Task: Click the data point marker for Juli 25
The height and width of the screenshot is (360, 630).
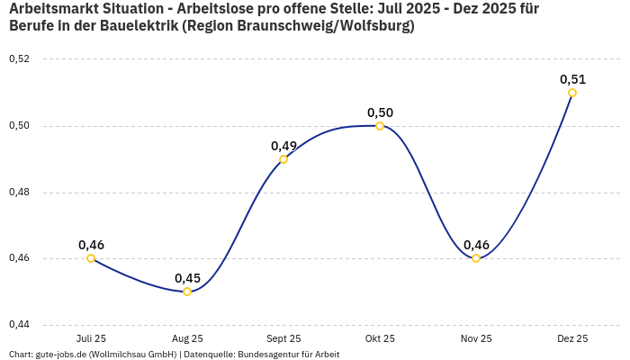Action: tap(91, 258)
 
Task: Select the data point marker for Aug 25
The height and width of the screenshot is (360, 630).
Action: tap(187, 292)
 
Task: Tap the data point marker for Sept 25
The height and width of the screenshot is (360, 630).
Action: tap(283, 159)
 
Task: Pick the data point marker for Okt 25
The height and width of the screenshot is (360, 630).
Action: tap(380, 126)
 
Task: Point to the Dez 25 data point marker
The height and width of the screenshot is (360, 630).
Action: tap(572, 93)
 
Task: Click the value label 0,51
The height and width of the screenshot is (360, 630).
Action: tap(572, 79)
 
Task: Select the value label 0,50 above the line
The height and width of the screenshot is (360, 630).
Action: tap(380, 112)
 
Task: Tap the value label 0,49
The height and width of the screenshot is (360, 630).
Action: tap(283, 146)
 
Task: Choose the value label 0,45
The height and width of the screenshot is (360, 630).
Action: tap(187, 278)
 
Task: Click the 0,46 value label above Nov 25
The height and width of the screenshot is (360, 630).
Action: tap(476, 245)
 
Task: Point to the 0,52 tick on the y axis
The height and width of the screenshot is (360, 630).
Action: tap(19, 59)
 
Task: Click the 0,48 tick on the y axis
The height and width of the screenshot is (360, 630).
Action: tap(19, 192)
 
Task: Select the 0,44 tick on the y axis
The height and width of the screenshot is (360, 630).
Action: tap(19, 324)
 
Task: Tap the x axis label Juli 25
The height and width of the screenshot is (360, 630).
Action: tap(91, 339)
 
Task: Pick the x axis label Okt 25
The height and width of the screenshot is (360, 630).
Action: tap(380, 339)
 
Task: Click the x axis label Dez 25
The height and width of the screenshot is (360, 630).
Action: tap(572, 339)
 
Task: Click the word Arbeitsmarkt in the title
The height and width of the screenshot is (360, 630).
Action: tap(50, 9)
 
